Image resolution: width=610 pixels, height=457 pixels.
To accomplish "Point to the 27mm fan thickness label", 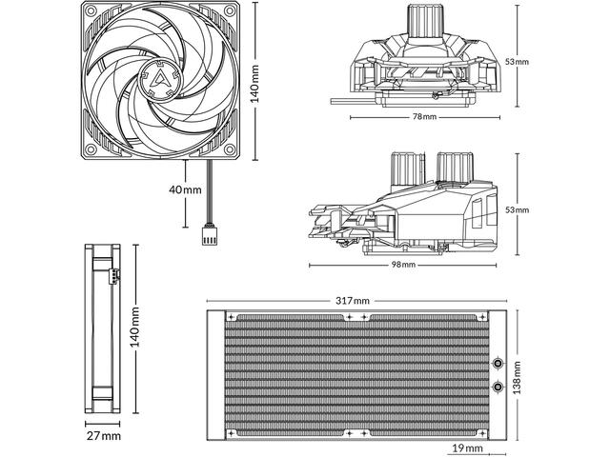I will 103,435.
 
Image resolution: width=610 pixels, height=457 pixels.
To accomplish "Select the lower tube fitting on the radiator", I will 498,387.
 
